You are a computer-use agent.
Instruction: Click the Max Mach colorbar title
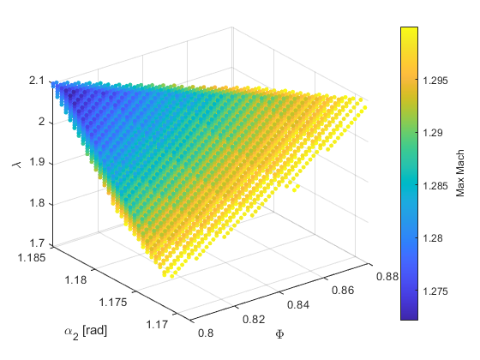tap(460, 172)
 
